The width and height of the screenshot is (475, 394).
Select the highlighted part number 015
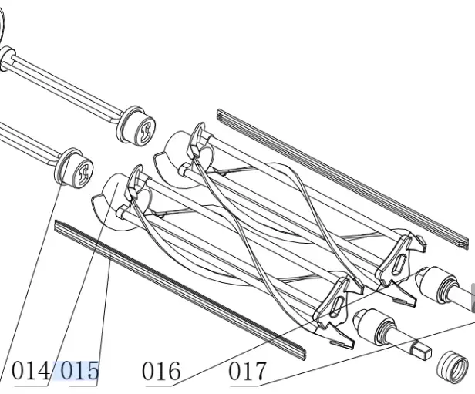(x=79, y=371)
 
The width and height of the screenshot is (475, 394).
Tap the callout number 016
(x=161, y=371)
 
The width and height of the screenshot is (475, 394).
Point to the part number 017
(x=248, y=371)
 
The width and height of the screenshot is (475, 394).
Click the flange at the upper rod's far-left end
(x=8, y=59)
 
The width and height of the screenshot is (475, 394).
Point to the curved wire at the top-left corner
(x=3, y=31)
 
